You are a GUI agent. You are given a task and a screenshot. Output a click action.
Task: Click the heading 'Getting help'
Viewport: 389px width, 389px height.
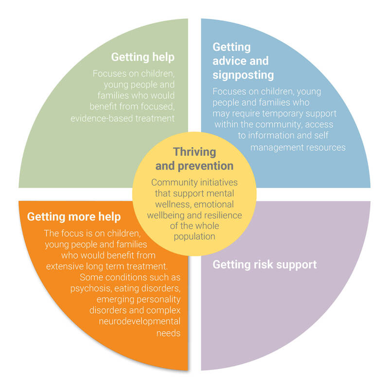click(142, 57)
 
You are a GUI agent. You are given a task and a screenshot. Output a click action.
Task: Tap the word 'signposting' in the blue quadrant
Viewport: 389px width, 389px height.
click(243, 75)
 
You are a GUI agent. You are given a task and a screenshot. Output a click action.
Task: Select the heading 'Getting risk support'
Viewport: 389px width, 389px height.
click(265, 265)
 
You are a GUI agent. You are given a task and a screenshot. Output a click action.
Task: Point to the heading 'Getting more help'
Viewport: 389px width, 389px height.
click(74, 217)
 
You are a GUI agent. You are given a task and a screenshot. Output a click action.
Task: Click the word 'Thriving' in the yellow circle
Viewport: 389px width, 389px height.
click(194, 152)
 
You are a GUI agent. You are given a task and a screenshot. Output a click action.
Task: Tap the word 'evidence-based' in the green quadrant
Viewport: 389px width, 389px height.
click(102, 118)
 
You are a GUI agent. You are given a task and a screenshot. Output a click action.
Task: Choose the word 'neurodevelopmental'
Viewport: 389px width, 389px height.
click(140, 321)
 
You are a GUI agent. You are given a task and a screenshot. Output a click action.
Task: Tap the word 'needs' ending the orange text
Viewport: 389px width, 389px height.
click(168, 333)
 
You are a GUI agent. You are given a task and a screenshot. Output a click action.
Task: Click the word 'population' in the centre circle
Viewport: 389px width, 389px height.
click(194, 237)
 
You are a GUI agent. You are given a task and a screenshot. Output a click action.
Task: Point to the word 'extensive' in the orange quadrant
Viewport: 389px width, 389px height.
click(65, 266)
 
